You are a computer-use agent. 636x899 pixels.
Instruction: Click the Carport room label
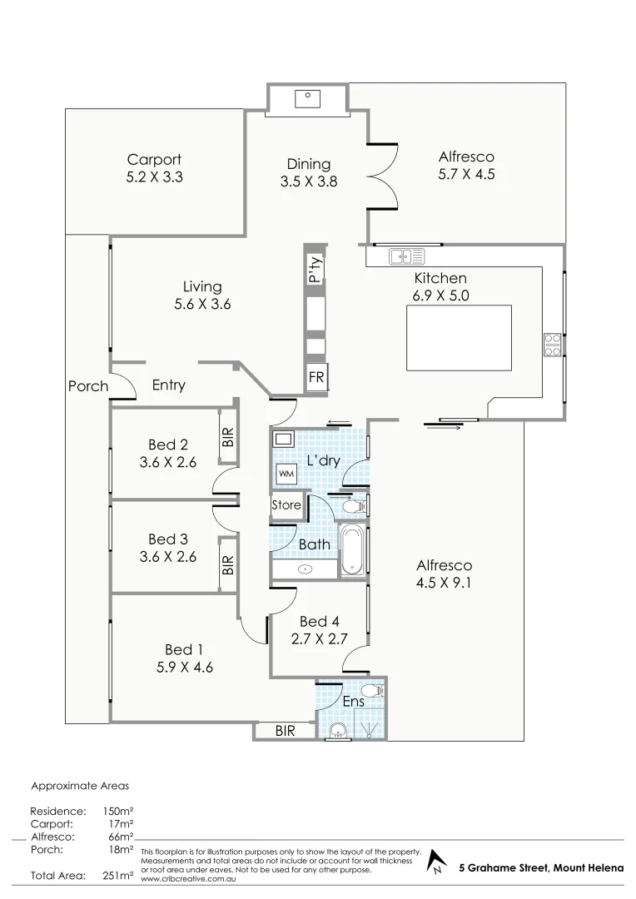pyautogui.click(x=154, y=159)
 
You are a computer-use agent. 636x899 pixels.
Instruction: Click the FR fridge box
pyautogui.click(x=317, y=376)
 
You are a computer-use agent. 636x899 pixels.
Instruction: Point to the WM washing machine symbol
pyautogui.click(x=286, y=474)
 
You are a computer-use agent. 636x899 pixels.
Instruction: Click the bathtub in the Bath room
pyautogui.click(x=353, y=550)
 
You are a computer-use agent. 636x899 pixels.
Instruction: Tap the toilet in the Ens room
pyautogui.click(x=374, y=690)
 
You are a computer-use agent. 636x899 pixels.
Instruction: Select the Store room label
pyautogui.click(x=286, y=505)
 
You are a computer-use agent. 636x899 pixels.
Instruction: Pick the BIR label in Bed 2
pyautogui.click(x=228, y=435)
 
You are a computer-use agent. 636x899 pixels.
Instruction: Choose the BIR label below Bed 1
pyautogui.click(x=285, y=731)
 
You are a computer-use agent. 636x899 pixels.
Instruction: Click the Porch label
pyautogui.click(x=88, y=386)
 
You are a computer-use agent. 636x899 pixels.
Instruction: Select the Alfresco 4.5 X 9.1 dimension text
pyautogui.click(x=445, y=583)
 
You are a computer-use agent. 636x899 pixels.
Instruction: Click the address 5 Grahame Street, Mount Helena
pyautogui.click(x=541, y=868)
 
